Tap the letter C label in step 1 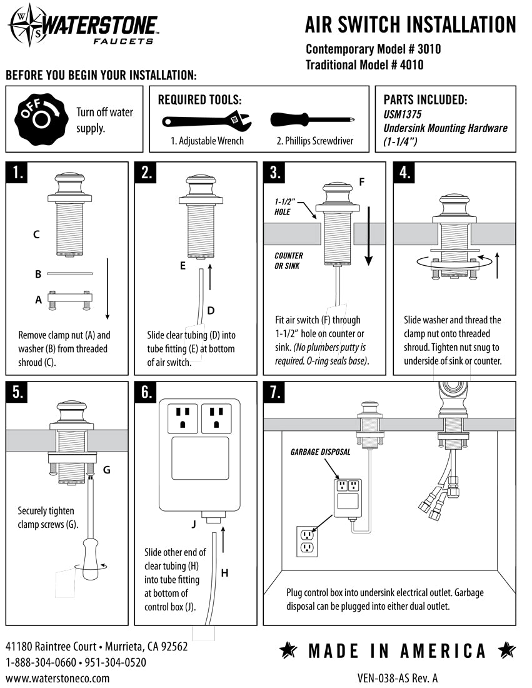coord(36,235)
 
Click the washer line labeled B coord(70,273)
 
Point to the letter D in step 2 coord(211,310)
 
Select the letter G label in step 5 coord(106,468)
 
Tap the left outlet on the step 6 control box coord(183,417)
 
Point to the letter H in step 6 coord(224,572)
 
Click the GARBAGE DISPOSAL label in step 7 coord(320,452)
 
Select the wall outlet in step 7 coord(306,541)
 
